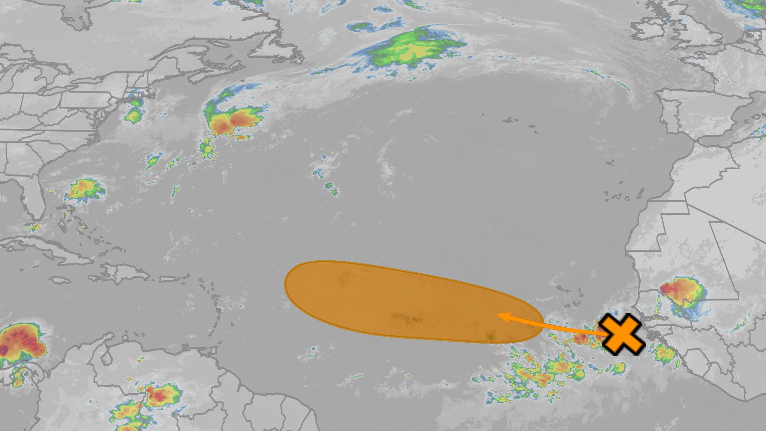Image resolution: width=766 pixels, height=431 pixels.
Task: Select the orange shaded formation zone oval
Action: pyautogui.click(x=391, y=299)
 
